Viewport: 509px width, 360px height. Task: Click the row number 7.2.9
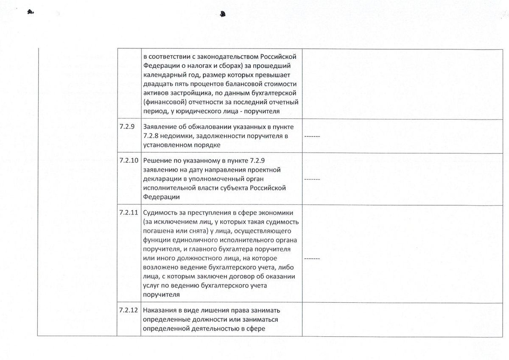click(x=127, y=126)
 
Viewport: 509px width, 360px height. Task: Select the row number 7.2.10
click(x=129, y=160)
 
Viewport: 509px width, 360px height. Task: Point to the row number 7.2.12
click(x=129, y=310)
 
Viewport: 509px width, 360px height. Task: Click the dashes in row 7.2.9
click(x=312, y=137)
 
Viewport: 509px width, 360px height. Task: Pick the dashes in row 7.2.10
click(x=312, y=179)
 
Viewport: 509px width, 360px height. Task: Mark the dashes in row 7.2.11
click(x=312, y=258)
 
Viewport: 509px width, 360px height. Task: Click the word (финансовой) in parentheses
click(x=164, y=102)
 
